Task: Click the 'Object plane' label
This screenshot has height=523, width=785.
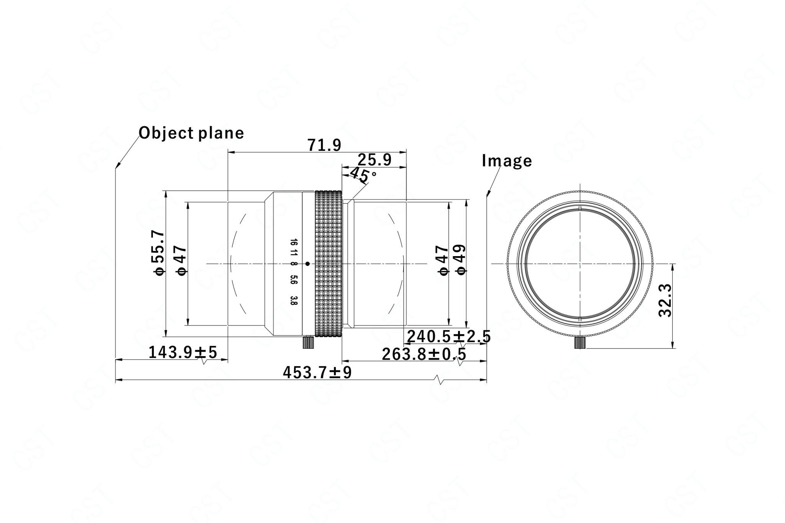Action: [191, 133]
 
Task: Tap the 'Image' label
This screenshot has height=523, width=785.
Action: [507, 161]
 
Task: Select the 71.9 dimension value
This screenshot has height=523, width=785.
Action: [324, 145]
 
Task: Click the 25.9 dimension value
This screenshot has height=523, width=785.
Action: [374, 160]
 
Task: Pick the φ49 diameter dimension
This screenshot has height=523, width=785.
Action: [460, 260]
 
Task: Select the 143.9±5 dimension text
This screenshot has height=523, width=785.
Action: [183, 352]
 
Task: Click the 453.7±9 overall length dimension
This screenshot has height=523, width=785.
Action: [317, 372]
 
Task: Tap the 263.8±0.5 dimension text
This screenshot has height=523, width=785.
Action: [424, 354]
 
